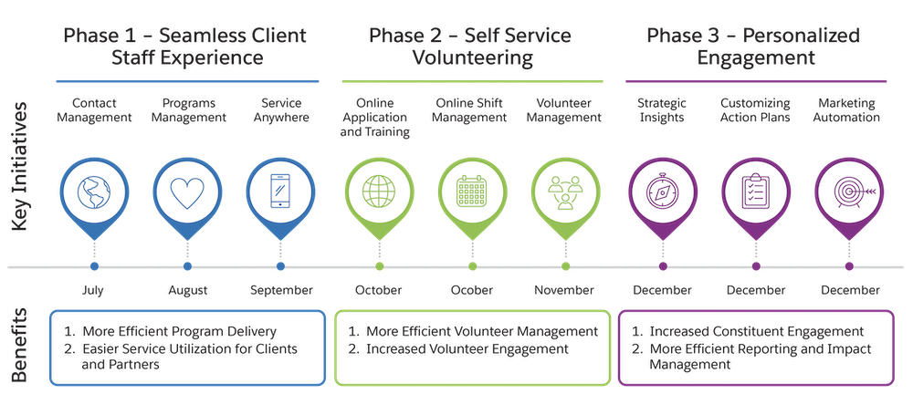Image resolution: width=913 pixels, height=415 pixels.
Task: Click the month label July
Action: [93, 290]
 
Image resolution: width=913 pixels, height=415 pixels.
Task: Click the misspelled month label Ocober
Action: [472, 290]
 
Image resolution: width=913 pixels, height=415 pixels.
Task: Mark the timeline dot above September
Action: [280, 266]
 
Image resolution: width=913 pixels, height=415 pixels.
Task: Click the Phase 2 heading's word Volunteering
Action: [470, 59]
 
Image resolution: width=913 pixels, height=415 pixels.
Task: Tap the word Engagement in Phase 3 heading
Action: [753, 59]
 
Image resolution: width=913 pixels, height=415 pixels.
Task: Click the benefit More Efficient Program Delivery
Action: [179, 331]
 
